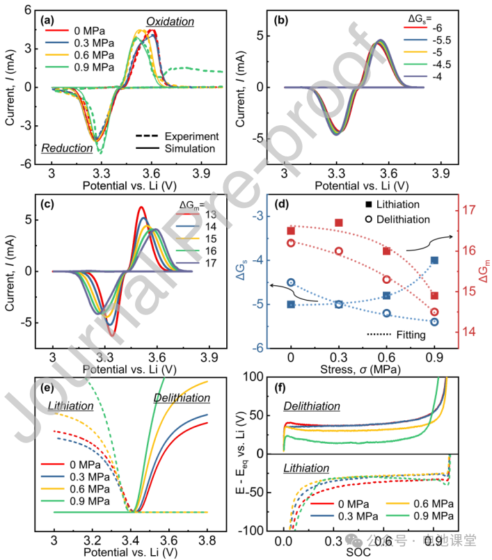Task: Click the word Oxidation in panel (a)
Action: pyautogui.click(x=170, y=22)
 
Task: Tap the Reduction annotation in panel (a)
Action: pyautogui.click(x=67, y=147)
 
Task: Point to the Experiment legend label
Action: pyautogui.click(x=189, y=136)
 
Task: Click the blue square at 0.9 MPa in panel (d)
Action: pyautogui.click(x=435, y=260)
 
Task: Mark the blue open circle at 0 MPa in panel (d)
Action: pyautogui.click(x=291, y=282)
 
